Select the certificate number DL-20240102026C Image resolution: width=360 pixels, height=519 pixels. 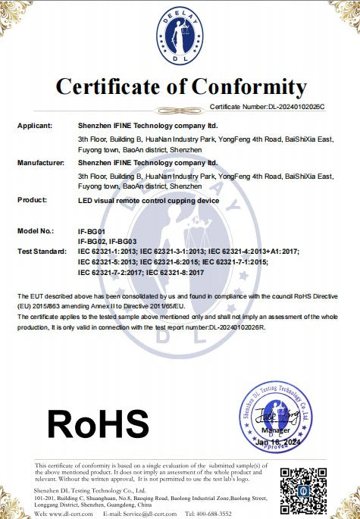296,107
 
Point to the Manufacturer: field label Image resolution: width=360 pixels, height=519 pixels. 41,163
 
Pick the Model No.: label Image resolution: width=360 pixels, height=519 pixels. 36,230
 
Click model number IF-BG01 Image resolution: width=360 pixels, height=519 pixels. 92,230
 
